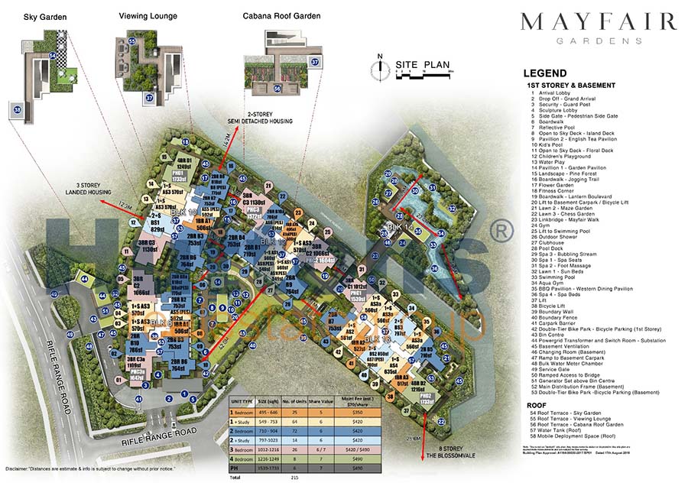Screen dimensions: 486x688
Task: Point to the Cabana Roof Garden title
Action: coord(281,15)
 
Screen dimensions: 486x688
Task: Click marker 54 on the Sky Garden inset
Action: coord(51,56)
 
